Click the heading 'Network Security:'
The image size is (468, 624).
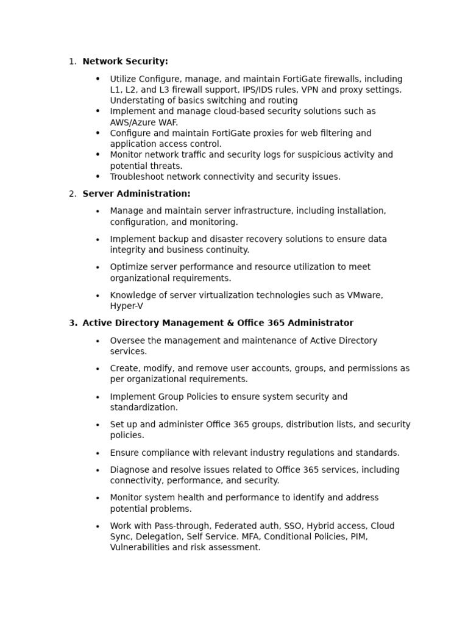tap(125, 62)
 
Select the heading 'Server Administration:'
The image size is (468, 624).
tap(136, 194)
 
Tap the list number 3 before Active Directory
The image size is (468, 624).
tap(73, 323)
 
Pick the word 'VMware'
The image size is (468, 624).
tap(365, 296)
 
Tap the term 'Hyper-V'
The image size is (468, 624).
tap(126, 306)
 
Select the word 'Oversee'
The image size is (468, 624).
tap(126, 341)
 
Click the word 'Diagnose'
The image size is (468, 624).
tap(129, 470)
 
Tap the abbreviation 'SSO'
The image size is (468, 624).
tap(294, 526)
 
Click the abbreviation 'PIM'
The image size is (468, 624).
tap(360, 537)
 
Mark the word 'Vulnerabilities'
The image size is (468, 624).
tap(140, 547)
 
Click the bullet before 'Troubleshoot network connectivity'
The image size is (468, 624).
tap(97, 177)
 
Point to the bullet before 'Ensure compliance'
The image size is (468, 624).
tap(97, 453)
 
